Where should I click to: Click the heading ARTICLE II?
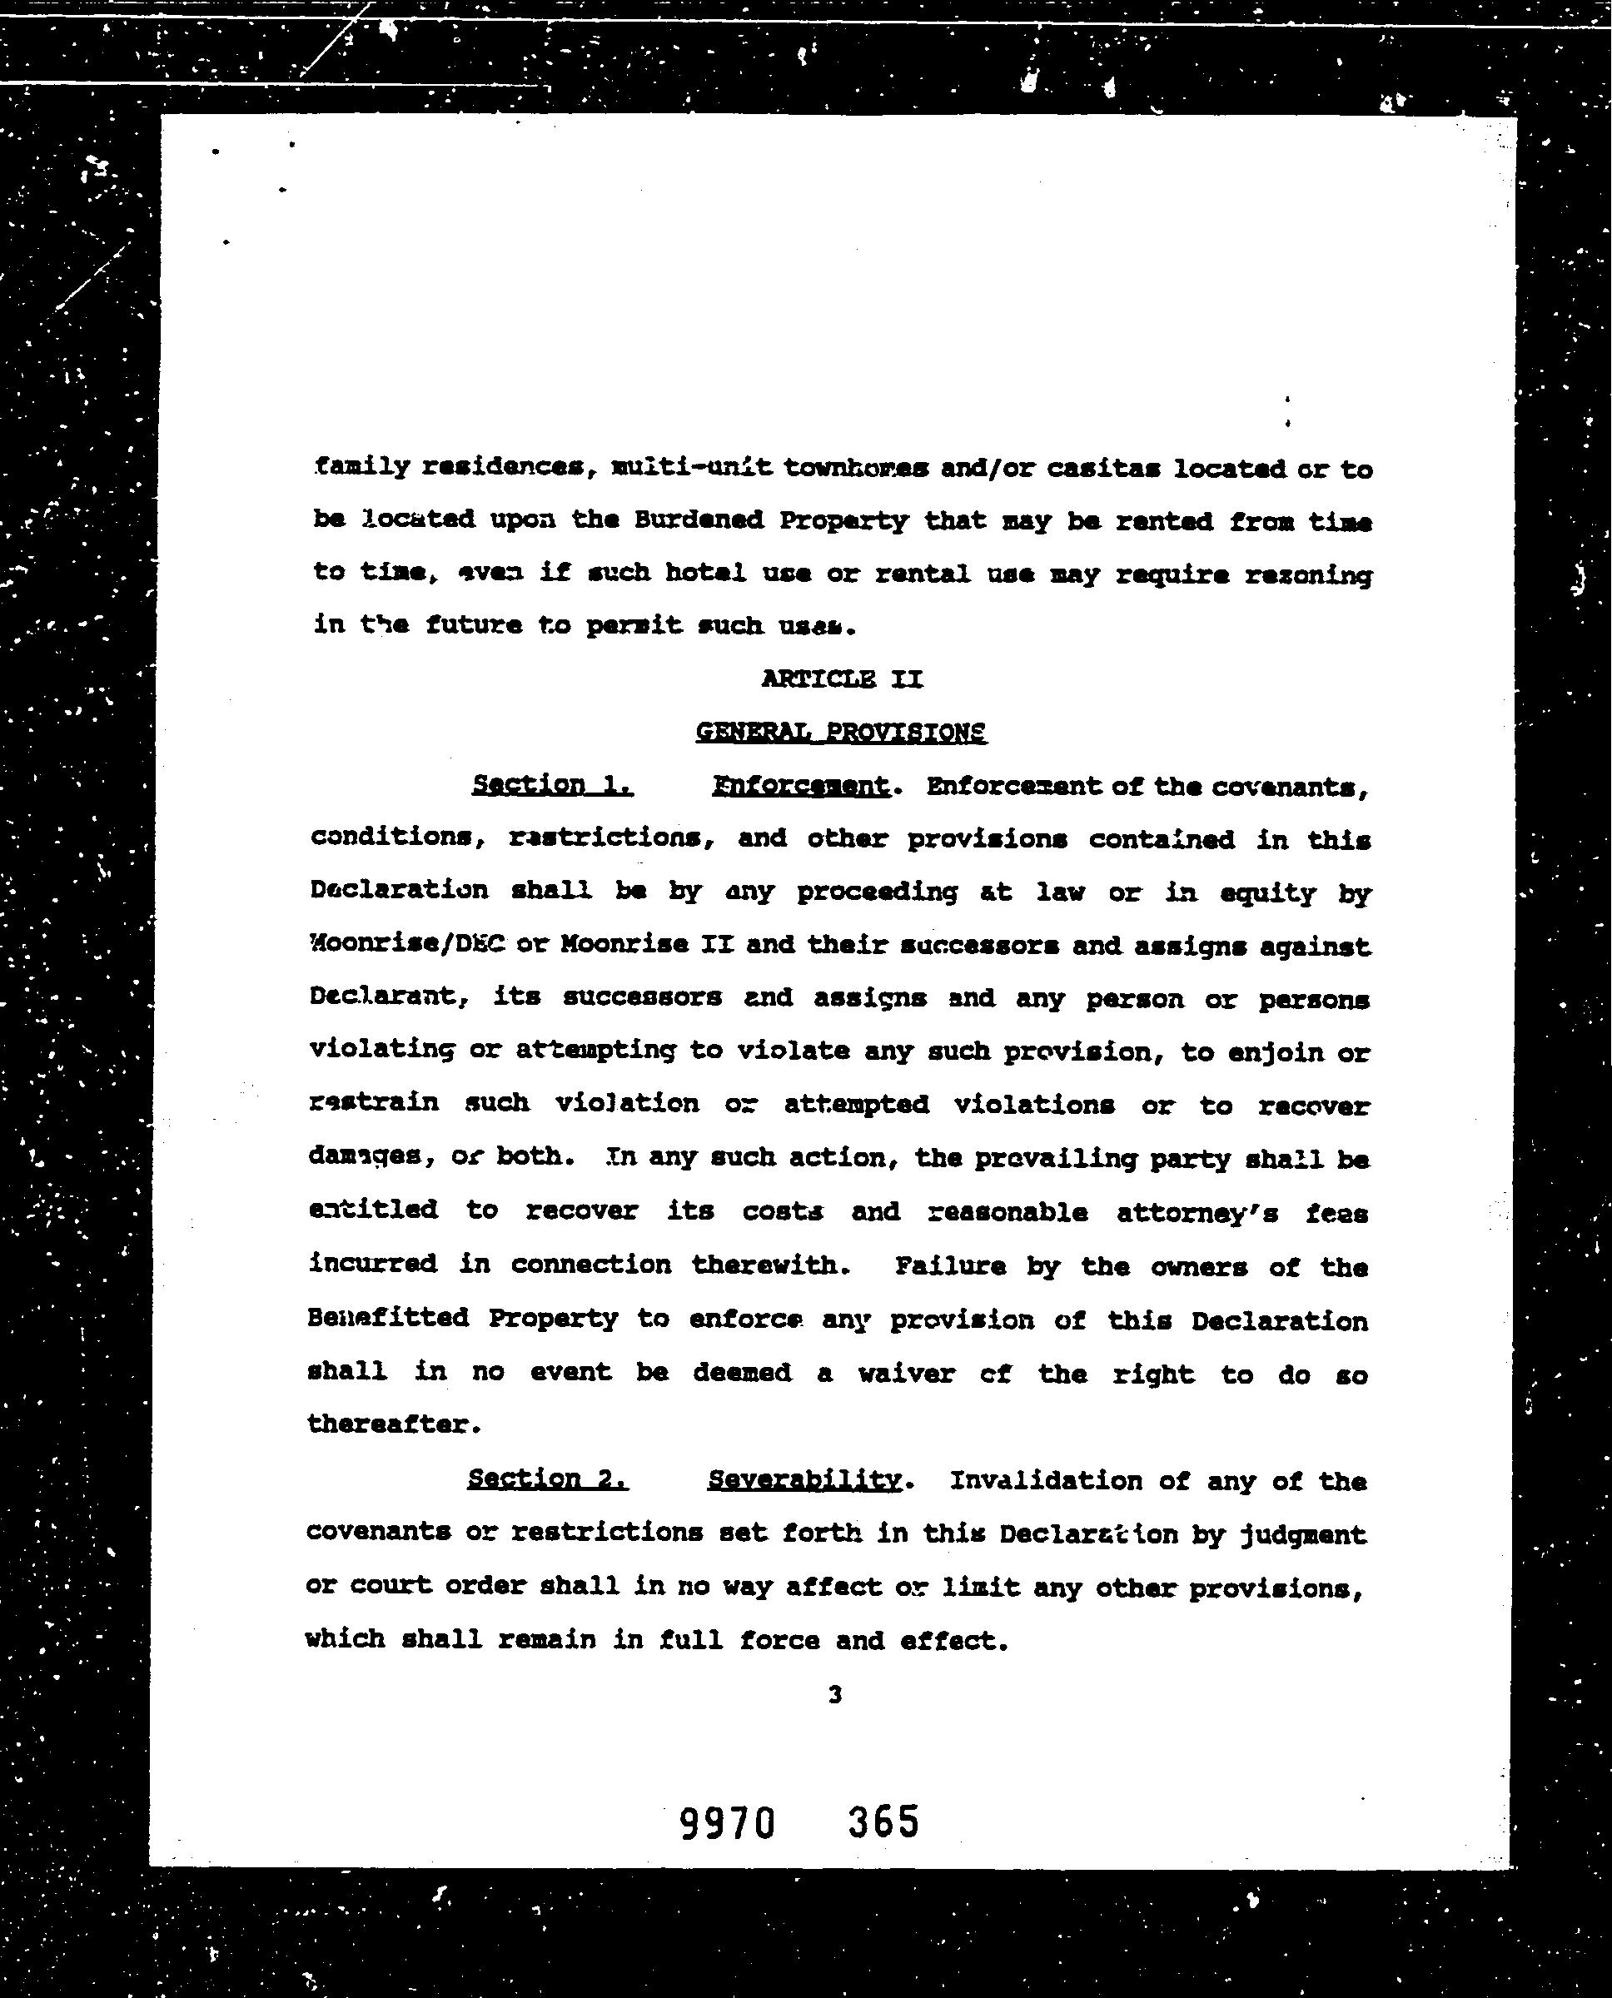841,678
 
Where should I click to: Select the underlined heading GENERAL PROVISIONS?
840,732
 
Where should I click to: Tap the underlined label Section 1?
553,784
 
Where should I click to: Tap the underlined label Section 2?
548,1479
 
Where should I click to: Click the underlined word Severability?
804,1480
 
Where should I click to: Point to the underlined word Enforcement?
801,787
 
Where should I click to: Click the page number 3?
835,1695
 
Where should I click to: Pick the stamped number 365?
883,1822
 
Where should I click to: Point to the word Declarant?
388,997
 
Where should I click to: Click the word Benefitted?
388,1319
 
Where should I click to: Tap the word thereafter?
393,1424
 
